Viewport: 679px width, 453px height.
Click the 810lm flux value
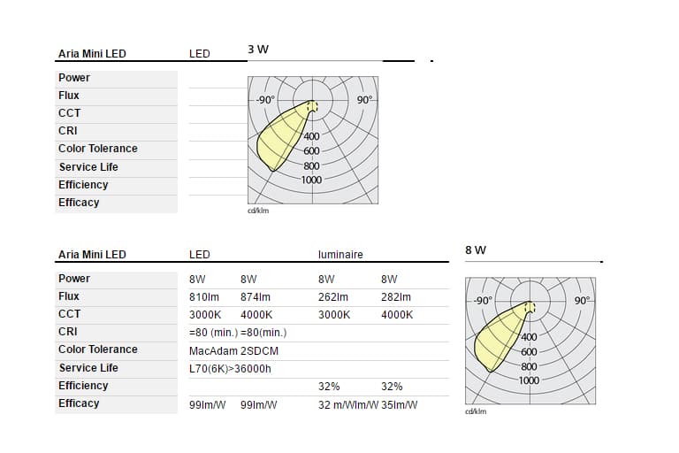point(204,297)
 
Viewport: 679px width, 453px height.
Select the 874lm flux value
point(255,297)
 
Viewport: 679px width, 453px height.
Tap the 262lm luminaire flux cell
point(333,297)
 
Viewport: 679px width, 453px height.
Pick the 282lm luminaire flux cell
point(396,297)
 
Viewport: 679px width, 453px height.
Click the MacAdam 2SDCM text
point(233,350)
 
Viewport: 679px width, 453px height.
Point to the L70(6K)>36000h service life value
point(230,369)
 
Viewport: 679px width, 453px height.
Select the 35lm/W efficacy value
point(400,405)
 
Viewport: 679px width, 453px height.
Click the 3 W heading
point(258,50)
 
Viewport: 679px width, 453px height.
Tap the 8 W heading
point(476,250)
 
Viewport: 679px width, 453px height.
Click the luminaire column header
point(340,255)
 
